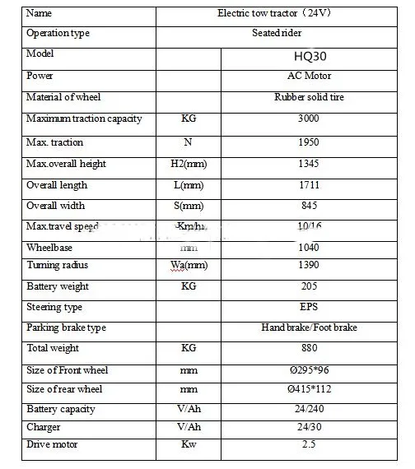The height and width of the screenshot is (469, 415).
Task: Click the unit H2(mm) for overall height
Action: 188,164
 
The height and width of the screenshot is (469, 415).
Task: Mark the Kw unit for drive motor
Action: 188,445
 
